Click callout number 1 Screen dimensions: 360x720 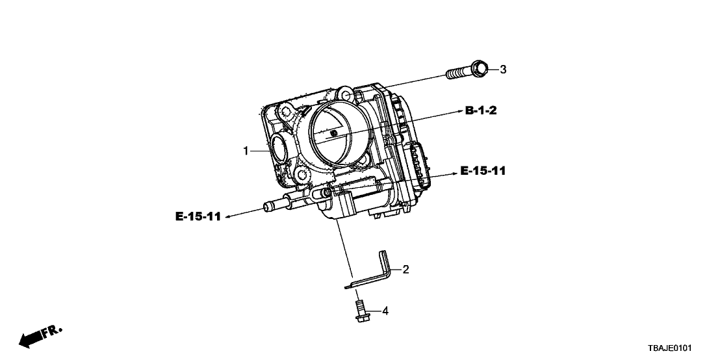246,151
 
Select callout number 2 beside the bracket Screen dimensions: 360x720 405,269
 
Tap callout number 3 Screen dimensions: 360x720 502,70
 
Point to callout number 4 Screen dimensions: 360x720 385,311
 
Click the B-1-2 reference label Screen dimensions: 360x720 481,111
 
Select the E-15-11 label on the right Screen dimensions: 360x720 482,172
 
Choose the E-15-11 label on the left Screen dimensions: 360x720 198,217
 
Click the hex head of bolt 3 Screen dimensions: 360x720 478,68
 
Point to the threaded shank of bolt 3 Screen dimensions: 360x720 458,72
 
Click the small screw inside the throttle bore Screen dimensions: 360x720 334,133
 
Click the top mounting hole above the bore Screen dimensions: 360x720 348,96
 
